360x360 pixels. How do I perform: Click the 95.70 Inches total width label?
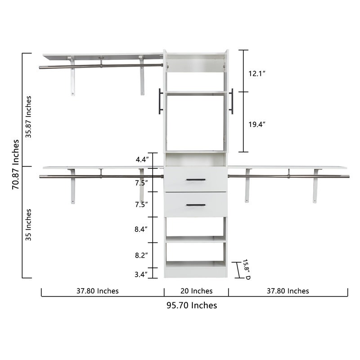pos(192,306)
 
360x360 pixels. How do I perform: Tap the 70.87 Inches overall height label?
pos(16,165)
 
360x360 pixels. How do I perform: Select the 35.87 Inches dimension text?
pos(29,117)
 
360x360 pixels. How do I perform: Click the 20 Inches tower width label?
pos(196,291)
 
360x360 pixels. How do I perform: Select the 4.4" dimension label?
pos(141,159)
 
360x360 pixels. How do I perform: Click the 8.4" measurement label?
pos(141,229)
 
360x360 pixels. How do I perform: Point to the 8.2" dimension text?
pos(141,255)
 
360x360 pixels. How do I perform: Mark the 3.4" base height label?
pos(141,274)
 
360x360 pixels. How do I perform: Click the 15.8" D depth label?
pos(247,269)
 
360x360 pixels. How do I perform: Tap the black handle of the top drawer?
pos(196,180)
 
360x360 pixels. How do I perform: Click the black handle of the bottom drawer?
pos(196,205)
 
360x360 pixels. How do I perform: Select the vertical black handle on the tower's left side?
pos(160,101)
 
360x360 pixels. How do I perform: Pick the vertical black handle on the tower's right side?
pos(232,101)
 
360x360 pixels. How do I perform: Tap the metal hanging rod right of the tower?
pos(288,176)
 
